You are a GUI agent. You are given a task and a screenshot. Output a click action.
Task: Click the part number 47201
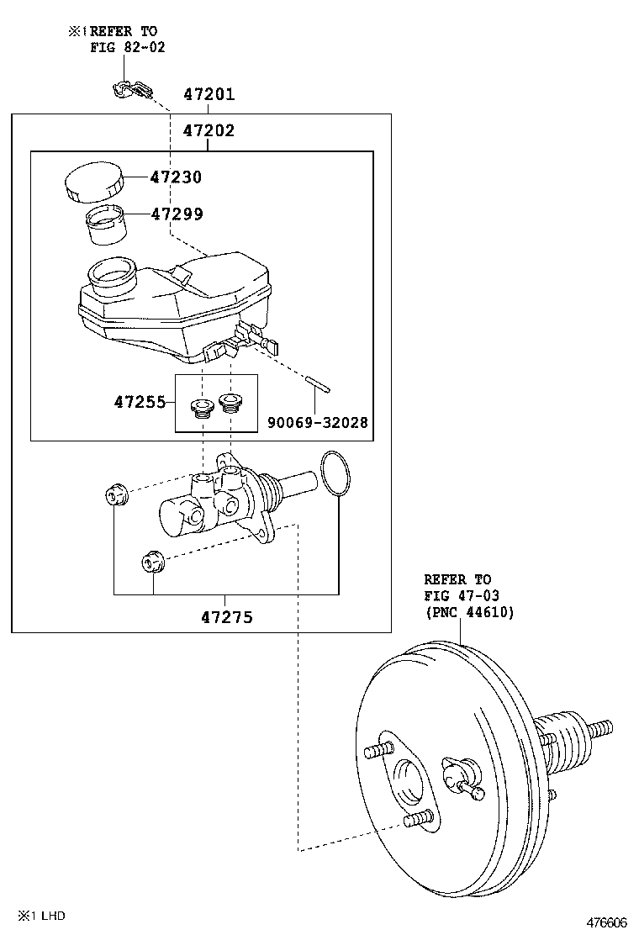(209, 94)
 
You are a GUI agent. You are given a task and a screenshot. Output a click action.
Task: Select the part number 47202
(209, 130)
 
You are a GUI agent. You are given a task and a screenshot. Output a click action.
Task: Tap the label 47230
(176, 177)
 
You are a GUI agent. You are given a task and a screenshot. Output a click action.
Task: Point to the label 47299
(177, 214)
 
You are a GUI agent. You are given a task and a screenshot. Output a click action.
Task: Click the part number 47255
(140, 402)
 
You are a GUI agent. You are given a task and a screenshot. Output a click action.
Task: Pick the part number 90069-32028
(318, 423)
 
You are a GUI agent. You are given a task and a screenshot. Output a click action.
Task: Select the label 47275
(226, 617)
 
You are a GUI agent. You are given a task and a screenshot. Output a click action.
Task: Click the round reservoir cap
(93, 183)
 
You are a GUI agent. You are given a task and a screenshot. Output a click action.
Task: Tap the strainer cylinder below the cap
(106, 225)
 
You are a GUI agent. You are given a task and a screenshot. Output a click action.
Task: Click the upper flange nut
(115, 496)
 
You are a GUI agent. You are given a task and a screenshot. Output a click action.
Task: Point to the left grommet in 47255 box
(200, 409)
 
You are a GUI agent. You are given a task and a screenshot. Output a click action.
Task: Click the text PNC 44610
(470, 612)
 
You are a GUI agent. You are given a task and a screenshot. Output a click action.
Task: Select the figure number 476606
(607, 922)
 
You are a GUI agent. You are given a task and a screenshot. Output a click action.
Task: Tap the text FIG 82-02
(128, 47)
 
